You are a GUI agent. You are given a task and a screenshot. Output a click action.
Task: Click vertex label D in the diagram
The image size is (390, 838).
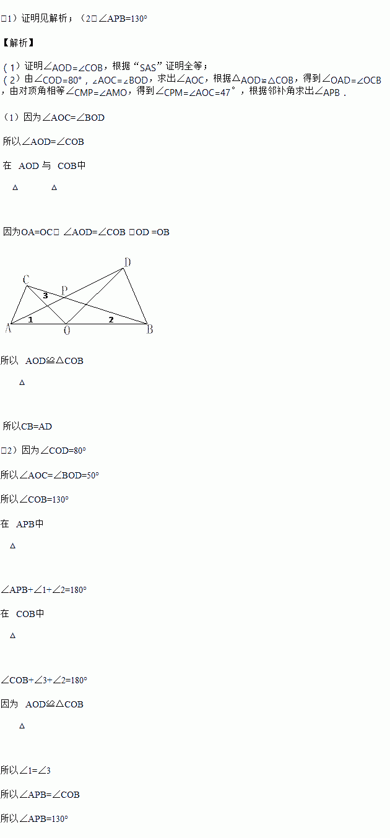point(128,262)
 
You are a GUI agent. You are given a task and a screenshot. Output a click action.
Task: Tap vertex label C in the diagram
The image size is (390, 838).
point(26,280)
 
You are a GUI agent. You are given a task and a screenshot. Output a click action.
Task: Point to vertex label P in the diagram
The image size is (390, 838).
point(64,290)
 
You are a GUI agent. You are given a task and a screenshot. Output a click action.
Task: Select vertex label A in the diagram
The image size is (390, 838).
point(8,328)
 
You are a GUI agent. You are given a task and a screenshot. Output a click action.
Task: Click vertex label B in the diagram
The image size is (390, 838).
point(149,329)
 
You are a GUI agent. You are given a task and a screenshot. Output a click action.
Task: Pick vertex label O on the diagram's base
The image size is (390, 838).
point(67,330)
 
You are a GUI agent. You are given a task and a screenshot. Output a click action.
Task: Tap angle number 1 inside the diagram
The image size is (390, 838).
point(30,319)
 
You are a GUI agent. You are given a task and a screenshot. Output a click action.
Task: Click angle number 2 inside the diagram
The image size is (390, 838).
point(111,319)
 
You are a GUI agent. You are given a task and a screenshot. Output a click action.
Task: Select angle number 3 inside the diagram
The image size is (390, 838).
point(45,296)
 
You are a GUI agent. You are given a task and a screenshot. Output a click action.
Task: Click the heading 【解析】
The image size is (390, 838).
point(18,43)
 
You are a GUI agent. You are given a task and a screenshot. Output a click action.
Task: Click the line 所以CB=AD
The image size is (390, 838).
point(27,426)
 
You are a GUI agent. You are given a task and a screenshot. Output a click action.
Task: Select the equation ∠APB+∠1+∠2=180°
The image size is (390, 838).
point(44,590)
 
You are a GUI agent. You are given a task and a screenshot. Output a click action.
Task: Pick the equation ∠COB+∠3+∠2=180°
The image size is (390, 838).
point(44,680)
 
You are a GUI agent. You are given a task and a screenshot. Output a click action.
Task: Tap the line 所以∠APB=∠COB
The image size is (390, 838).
point(40,795)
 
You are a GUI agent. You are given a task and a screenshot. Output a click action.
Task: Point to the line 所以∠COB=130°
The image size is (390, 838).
point(35,499)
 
